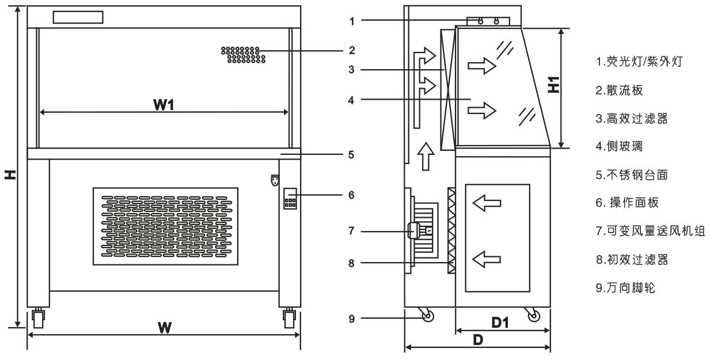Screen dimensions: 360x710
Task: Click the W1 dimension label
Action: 164,106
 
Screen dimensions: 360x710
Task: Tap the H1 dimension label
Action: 553,85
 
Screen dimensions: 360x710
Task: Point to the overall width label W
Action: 165,327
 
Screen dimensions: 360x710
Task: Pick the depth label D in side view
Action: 477,340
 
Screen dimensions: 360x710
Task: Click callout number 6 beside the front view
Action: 351,195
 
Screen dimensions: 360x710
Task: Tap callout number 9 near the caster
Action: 351,317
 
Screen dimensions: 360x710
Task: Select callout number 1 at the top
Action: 351,21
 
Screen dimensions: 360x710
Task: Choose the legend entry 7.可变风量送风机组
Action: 650,232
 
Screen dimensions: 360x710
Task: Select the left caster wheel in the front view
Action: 39,318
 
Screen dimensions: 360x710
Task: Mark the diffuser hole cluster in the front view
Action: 242,55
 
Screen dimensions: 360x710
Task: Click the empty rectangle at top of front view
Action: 78,17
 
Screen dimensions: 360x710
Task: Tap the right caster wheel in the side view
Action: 534,316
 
